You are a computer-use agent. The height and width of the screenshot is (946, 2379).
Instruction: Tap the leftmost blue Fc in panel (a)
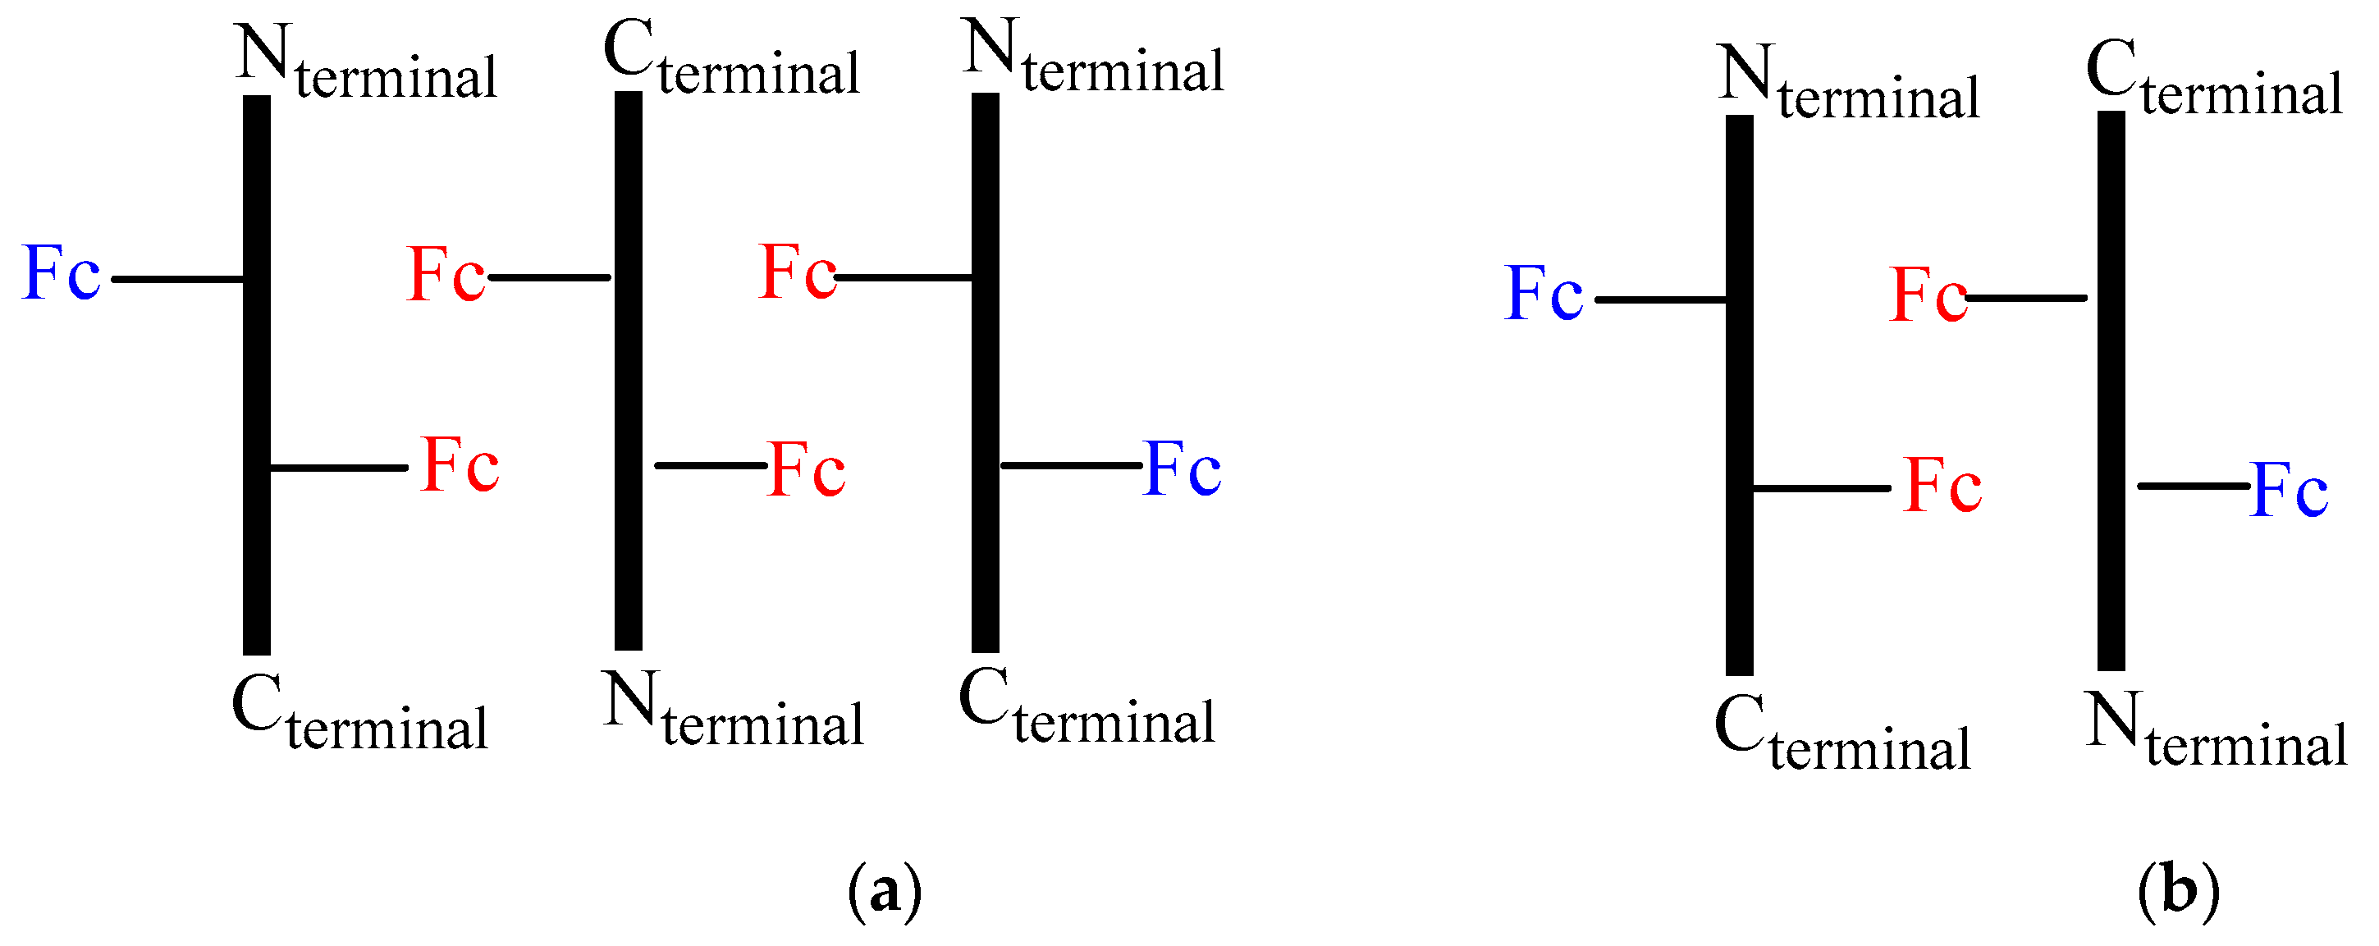61,274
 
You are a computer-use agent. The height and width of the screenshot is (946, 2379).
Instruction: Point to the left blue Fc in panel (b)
1544,295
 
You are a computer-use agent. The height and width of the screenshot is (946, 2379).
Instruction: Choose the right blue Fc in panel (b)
2290,490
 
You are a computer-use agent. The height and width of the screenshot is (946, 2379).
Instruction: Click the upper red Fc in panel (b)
1928,295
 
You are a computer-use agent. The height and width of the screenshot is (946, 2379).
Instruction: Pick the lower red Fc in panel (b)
1943,486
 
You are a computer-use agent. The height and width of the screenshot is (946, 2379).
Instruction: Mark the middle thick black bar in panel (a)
628,369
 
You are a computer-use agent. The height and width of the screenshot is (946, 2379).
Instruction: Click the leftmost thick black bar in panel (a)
257,374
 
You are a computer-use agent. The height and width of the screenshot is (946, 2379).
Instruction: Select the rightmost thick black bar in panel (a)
986,371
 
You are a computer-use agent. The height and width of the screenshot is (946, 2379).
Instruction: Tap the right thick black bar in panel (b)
2111,390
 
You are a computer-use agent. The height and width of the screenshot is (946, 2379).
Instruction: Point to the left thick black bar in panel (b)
1740,394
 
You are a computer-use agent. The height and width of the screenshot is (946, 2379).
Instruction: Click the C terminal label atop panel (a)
731,60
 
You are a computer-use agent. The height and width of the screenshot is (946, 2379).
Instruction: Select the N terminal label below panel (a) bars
734,711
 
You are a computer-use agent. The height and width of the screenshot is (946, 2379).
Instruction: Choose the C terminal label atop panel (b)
2215,81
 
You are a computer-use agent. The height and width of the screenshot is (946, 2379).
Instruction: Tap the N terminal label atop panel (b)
1849,85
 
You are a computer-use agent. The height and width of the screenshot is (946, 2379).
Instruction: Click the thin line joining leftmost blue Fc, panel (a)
177,279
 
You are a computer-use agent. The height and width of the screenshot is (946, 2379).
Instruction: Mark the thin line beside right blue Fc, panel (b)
2193,486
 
